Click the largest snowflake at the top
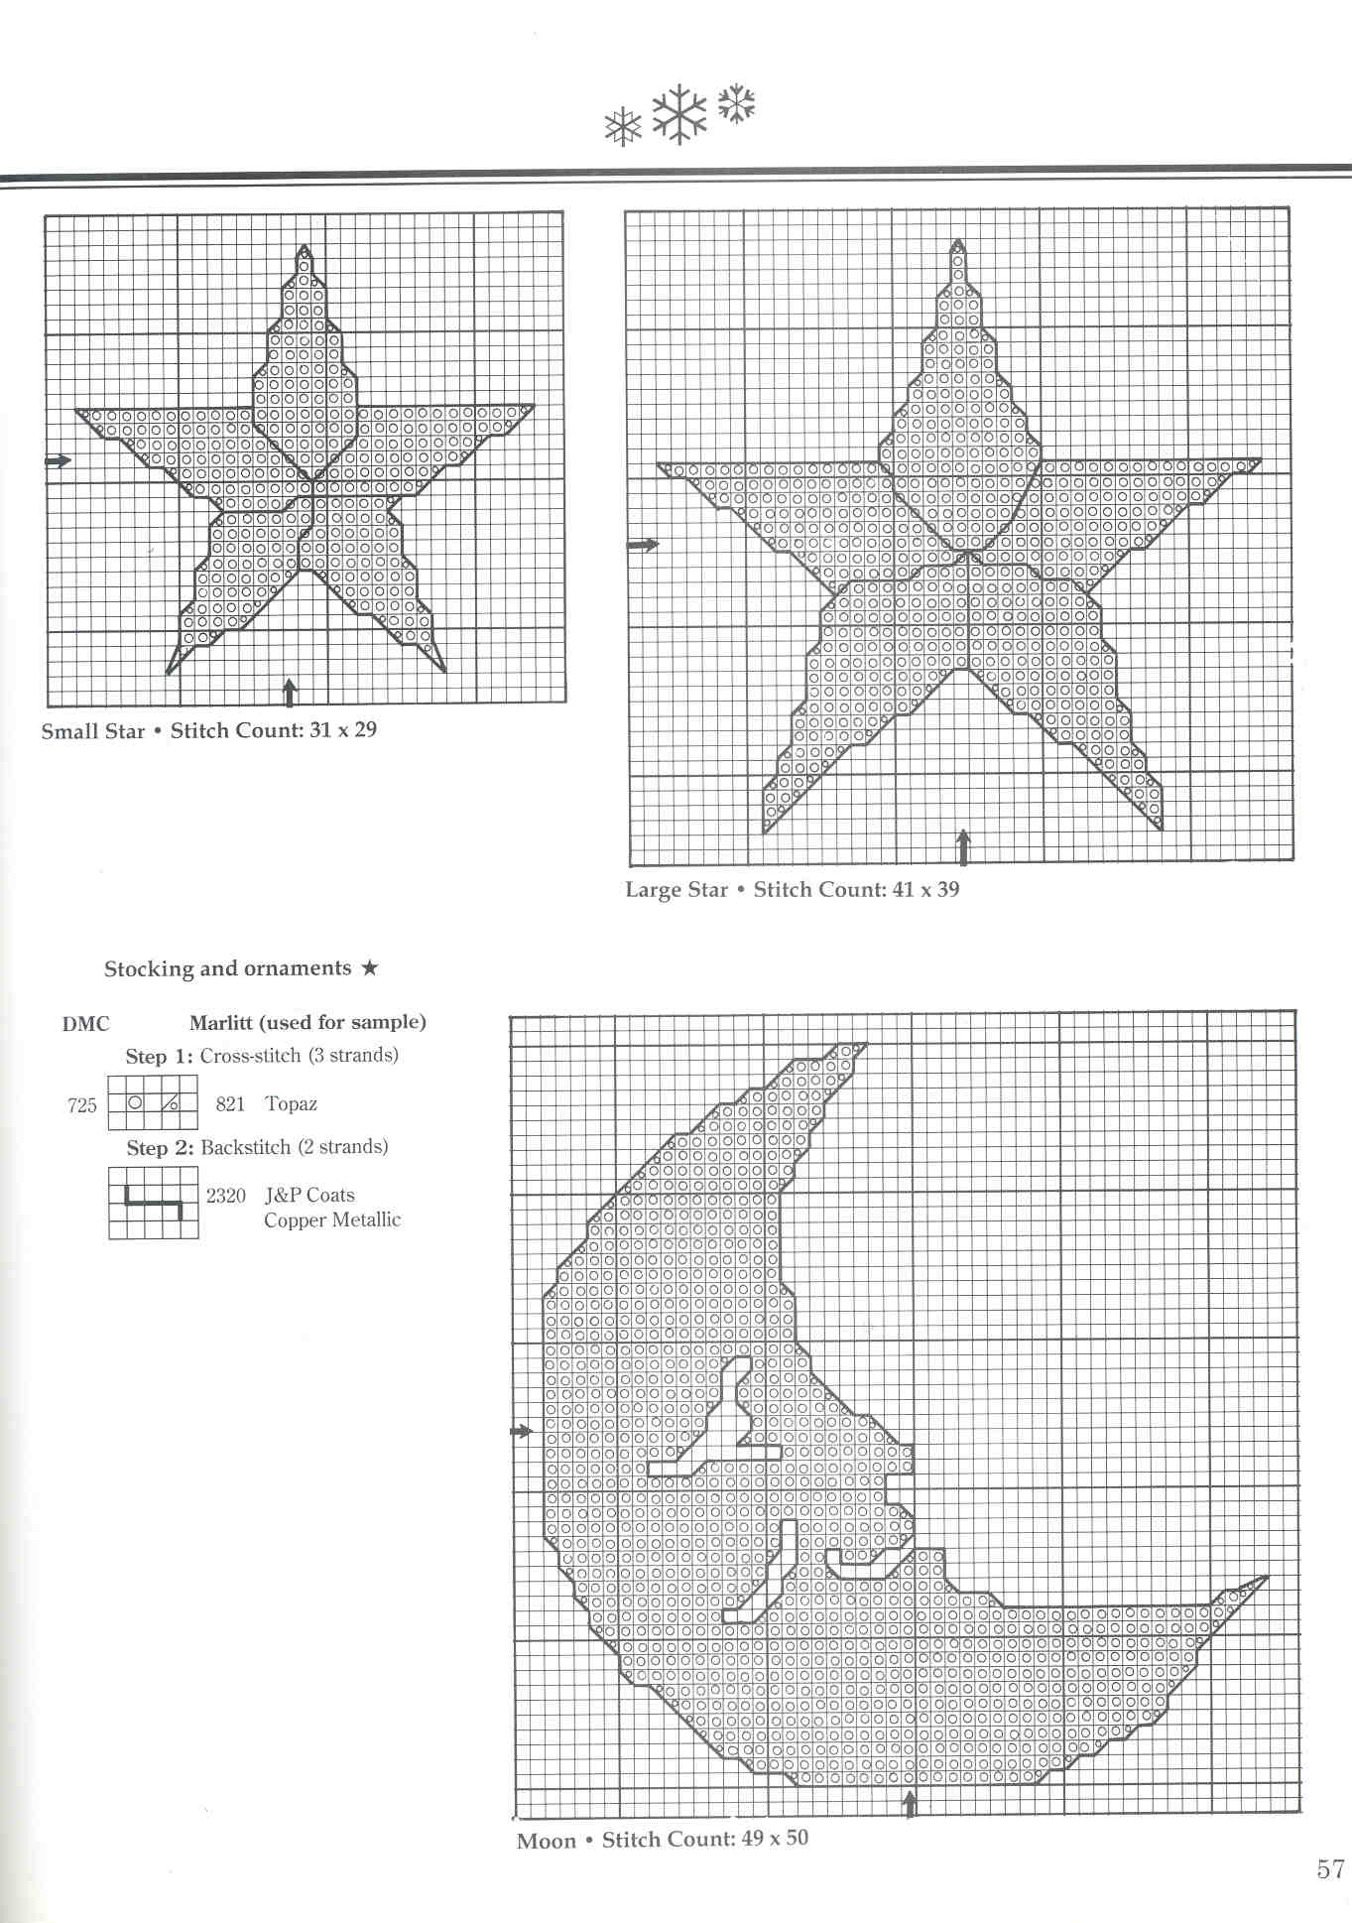(679, 114)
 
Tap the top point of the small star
(305, 248)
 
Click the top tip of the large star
(957, 242)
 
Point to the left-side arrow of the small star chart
(59, 460)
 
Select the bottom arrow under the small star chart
(290, 692)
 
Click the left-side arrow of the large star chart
(643, 545)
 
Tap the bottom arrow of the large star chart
(962, 847)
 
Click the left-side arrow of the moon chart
(522, 1431)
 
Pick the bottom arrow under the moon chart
(910, 1803)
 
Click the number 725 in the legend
(82, 1105)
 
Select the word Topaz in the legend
(291, 1103)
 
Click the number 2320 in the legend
(226, 1196)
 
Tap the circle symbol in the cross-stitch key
(136, 1102)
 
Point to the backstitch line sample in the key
(154, 1203)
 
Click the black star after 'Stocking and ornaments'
(369, 967)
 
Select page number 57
(1330, 1869)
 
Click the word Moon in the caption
(547, 1842)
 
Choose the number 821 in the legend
(230, 1103)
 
